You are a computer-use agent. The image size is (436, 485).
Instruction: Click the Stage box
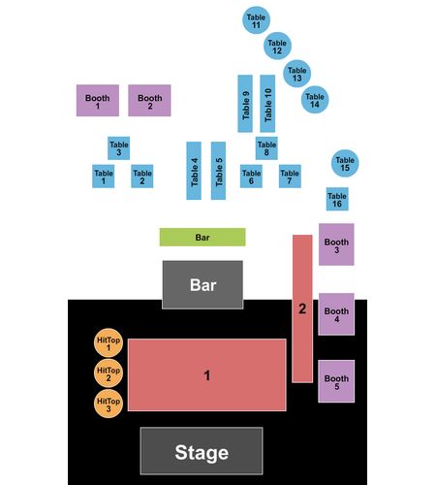(x=202, y=451)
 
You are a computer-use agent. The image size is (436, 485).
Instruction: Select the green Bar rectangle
(x=202, y=237)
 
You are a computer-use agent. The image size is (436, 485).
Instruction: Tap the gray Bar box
(x=202, y=285)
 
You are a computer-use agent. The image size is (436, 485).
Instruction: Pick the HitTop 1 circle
(x=109, y=343)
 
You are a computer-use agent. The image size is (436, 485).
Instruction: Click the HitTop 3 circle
(x=109, y=404)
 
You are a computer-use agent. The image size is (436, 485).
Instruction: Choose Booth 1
(x=98, y=101)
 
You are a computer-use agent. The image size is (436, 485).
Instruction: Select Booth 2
(x=149, y=101)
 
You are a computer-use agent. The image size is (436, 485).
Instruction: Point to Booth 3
(x=336, y=244)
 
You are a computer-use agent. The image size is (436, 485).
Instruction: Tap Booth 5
(x=336, y=381)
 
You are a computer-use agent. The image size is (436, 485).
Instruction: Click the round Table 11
(x=256, y=20)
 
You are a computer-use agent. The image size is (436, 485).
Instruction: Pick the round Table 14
(x=315, y=100)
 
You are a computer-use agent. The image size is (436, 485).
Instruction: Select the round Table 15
(x=345, y=163)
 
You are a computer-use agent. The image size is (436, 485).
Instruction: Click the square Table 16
(x=337, y=199)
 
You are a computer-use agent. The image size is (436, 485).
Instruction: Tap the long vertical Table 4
(x=194, y=171)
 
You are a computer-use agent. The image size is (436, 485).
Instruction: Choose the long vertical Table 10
(x=267, y=104)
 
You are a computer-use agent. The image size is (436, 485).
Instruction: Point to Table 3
(x=118, y=148)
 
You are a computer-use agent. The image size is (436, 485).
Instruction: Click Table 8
(x=266, y=148)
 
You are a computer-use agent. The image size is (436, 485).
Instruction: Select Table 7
(x=290, y=177)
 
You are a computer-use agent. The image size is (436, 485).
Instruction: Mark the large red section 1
(x=207, y=375)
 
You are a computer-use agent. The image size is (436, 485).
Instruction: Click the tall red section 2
(x=302, y=308)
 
